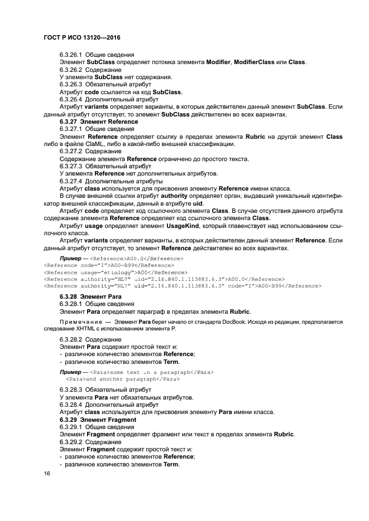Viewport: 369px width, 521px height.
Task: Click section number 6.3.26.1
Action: (x=71, y=55)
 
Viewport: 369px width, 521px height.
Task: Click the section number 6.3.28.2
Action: (x=71, y=339)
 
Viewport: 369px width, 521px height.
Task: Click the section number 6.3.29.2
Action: (x=71, y=442)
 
